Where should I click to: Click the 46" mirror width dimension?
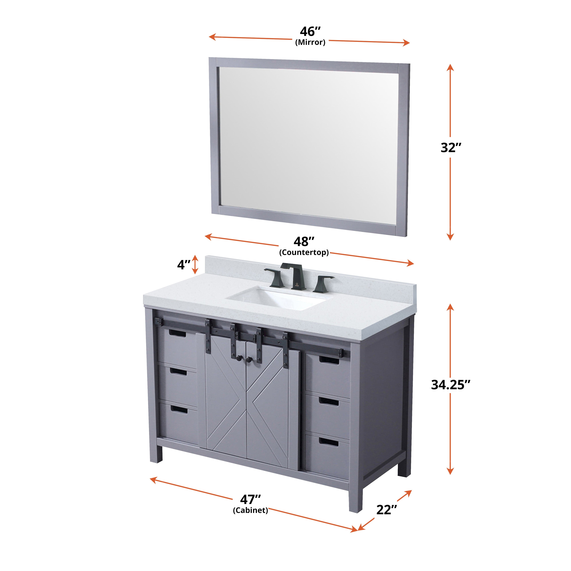click(310, 31)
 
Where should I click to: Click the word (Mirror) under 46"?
click(310, 42)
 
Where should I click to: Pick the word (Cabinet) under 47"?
click(250, 510)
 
